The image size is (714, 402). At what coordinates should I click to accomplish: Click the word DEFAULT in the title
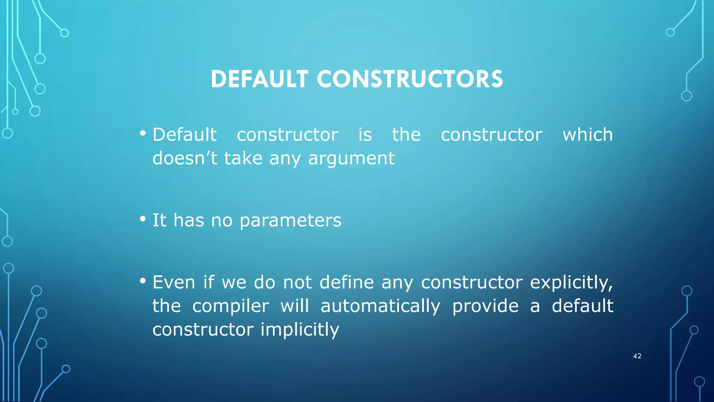coord(259,79)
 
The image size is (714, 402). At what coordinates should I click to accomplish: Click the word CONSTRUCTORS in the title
coord(410,79)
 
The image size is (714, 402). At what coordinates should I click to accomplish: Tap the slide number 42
coord(637,356)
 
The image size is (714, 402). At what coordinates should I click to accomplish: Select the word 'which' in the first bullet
coord(587,135)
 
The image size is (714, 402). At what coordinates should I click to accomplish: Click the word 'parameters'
coord(290,221)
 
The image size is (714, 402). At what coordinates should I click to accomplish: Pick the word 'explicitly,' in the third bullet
coord(571,283)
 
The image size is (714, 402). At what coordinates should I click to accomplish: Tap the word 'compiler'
coord(230,306)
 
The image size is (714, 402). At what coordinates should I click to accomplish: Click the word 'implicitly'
coord(300,330)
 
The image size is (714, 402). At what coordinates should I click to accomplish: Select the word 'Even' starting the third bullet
coord(174,282)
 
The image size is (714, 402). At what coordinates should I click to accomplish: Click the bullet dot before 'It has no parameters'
coord(143,219)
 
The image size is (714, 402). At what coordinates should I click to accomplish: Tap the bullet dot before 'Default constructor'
coord(143,133)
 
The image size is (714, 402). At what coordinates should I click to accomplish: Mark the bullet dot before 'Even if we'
coord(143,281)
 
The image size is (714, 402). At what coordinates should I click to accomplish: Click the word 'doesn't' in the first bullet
coord(185,158)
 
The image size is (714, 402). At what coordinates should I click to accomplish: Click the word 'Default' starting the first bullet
coord(184,135)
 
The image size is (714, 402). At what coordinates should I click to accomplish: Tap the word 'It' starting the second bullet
coord(159,221)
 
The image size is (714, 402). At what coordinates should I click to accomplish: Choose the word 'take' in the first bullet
coord(243,158)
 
